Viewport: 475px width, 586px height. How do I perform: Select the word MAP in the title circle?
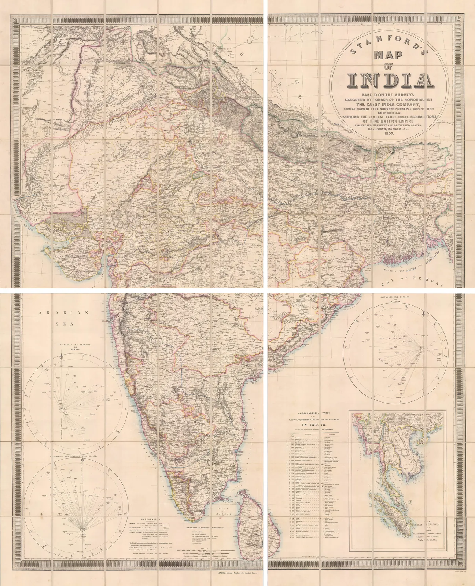click(x=388, y=55)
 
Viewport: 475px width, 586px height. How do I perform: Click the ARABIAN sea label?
click(x=64, y=313)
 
